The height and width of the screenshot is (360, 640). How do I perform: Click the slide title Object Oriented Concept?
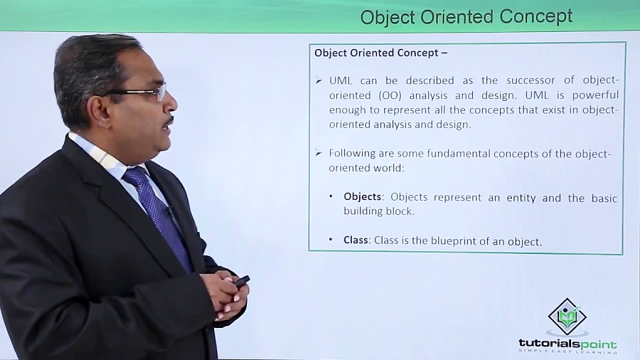(x=466, y=16)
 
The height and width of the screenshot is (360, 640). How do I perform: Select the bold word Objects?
(x=363, y=198)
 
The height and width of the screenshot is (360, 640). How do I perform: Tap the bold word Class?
(x=356, y=240)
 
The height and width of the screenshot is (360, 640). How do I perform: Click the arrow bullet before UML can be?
(x=319, y=80)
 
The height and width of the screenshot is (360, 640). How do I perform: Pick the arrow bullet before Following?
(x=319, y=153)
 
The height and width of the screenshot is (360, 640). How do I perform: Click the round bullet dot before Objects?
(x=331, y=197)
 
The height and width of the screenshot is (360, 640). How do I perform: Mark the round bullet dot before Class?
(x=331, y=240)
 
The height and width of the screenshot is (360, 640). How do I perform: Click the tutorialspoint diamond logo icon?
(x=567, y=317)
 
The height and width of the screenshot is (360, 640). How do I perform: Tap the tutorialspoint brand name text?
(x=567, y=343)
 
